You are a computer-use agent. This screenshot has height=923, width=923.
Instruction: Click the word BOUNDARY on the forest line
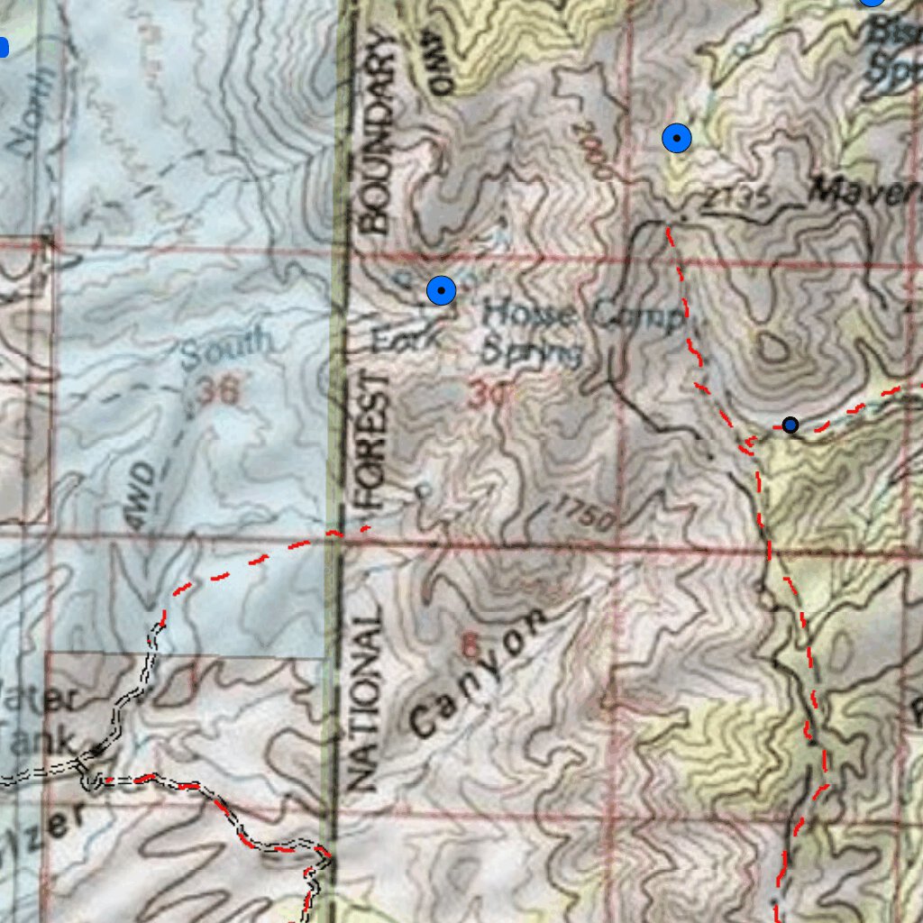(x=376, y=133)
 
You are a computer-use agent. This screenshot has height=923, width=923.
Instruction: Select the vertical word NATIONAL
(x=363, y=699)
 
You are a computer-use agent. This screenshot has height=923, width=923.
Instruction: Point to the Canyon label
(x=478, y=672)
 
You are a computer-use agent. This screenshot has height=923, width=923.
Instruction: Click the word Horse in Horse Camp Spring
(x=528, y=315)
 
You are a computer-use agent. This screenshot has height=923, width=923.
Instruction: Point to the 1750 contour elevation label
(x=585, y=513)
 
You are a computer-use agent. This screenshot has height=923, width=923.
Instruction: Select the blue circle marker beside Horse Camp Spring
(x=441, y=290)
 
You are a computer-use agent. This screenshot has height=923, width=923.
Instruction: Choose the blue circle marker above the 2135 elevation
(x=676, y=139)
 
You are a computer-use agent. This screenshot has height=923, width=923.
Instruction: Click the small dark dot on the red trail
(x=790, y=425)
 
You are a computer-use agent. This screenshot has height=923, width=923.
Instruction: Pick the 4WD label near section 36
(x=142, y=491)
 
